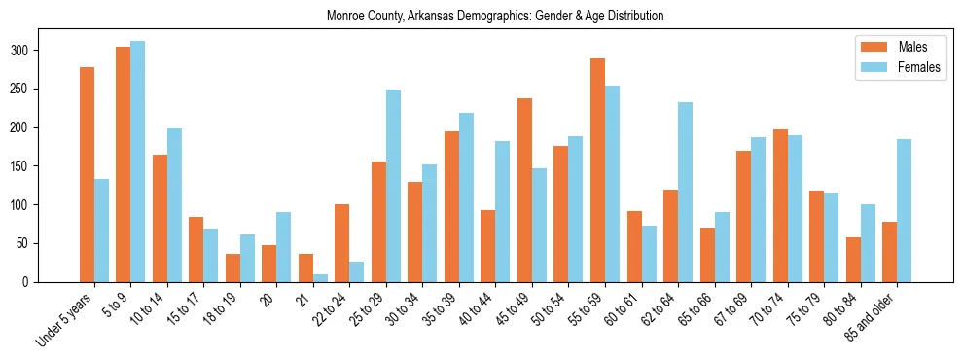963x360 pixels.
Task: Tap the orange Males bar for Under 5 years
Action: click(88, 175)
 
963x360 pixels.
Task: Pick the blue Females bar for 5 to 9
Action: click(138, 162)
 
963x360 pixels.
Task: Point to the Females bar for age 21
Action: click(320, 278)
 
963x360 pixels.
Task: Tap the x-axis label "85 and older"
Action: click(872, 317)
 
